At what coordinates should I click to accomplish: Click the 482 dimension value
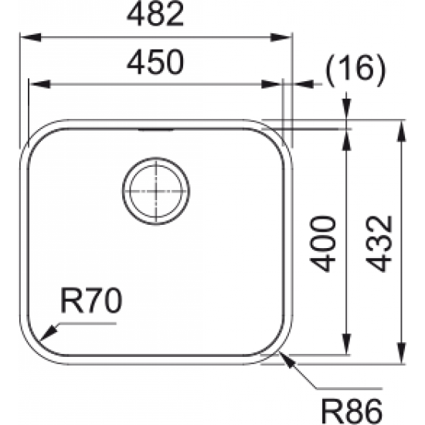[155, 16]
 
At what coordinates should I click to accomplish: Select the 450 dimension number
[155, 63]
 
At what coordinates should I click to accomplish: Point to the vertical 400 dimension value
[325, 243]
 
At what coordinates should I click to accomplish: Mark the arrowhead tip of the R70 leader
[43, 338]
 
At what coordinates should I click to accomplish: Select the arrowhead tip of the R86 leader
[284, 354]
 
